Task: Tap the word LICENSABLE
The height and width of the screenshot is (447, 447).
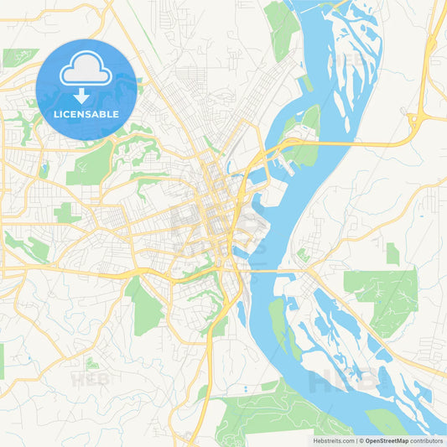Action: [86, 114]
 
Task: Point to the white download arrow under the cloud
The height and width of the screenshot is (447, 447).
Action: [86, 94]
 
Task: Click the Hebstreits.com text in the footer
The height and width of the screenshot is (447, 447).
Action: [332, 440]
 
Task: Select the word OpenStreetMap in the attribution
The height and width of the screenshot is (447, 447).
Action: [387, 440]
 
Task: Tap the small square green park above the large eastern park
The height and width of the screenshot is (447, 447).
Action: [392, 252]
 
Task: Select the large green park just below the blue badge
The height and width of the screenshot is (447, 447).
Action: [92, 164]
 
